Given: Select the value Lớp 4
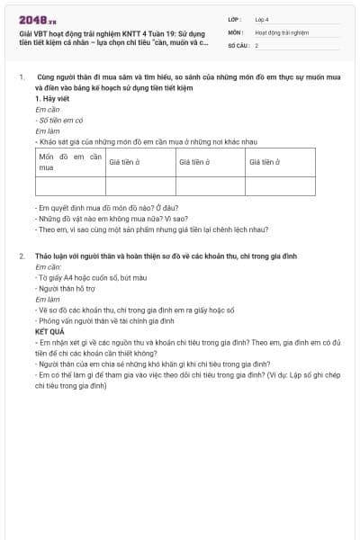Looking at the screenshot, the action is coord(262,19).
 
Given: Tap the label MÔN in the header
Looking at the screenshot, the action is coord(235,32).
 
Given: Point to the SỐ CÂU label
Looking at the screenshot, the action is coord(237,45).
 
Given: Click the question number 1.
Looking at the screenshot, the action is coord(22,78).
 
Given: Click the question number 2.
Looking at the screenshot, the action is coord(22,256).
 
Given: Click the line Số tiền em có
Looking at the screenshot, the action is coord(61,120).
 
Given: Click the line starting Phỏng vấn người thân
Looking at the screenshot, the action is coord(104,321).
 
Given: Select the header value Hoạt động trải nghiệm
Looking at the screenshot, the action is coord(282,32).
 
